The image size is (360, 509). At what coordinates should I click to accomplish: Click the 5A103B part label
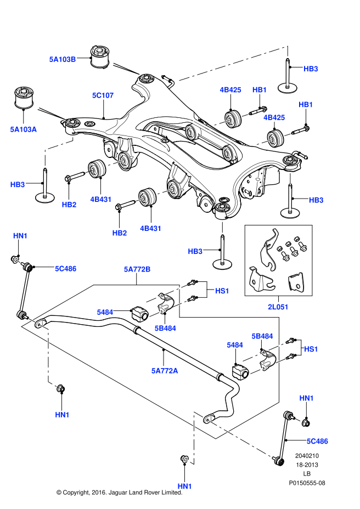62,59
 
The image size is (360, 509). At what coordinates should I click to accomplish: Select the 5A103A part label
23,129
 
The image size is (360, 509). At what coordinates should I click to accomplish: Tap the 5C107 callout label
103,95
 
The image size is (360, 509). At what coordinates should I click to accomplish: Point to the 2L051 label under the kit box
277,307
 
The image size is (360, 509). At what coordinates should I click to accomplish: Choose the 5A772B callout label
137,269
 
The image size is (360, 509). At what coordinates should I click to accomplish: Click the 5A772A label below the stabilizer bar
165,371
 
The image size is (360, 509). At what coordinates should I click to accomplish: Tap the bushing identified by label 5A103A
23,97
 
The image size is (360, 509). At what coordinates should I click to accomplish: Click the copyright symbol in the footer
59,493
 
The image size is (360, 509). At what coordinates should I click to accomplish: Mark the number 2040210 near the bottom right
307,455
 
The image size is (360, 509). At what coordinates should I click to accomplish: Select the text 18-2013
307,464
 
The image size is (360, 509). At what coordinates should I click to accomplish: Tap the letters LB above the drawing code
307,473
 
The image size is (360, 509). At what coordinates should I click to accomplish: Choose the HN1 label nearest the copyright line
184,486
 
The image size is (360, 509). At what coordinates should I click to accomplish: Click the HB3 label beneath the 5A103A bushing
18,185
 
